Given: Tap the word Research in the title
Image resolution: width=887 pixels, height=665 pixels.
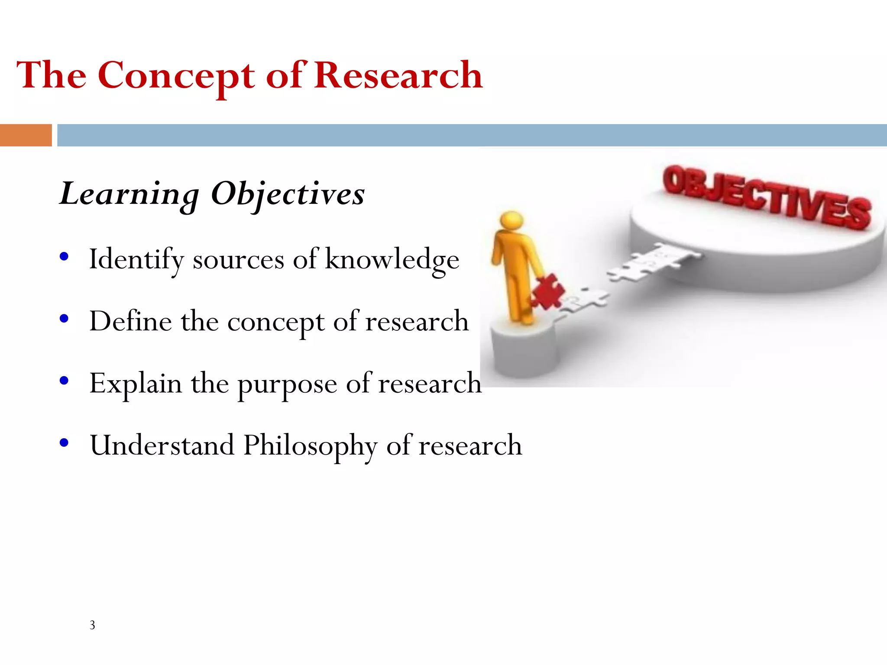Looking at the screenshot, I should [398, 75].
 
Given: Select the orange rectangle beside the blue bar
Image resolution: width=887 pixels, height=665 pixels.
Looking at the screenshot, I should [26, 135].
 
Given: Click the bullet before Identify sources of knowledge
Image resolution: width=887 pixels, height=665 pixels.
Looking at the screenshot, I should [64, 257].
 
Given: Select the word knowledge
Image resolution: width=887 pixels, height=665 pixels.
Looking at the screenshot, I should [392, 260].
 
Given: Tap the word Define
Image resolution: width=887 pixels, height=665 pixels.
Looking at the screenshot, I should [130, 321].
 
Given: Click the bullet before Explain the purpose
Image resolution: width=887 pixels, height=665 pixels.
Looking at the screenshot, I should [64, 381].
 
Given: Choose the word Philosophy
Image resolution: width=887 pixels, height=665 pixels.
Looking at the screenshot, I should [310, 446].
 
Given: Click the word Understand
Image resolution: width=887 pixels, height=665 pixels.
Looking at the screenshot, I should [162, 445].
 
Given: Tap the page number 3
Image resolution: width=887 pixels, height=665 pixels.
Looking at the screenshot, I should [92, 625].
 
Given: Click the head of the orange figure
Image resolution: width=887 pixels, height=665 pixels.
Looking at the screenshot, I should [511, 220].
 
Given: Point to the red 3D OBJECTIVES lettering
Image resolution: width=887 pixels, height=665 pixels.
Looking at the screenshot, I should [767, 197].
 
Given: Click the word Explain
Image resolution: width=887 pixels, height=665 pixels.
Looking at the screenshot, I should [136, 384].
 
